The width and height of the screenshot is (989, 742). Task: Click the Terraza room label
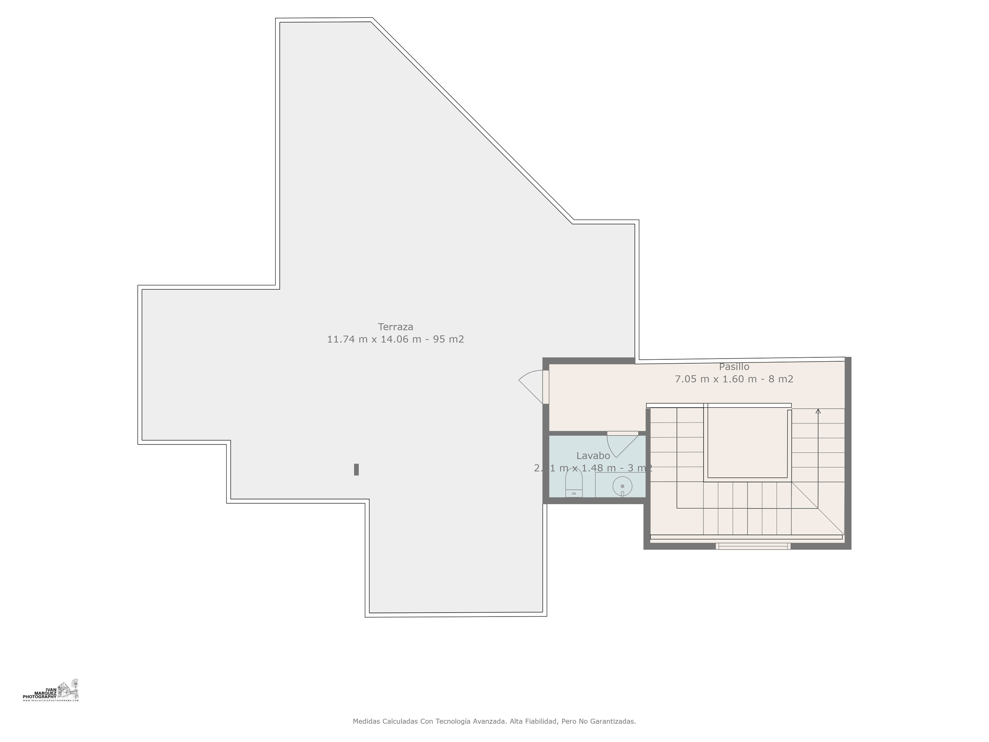coord(395,326)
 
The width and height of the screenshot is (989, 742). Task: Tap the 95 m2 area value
coord(448,339)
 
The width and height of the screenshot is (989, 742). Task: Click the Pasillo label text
coord(734,367)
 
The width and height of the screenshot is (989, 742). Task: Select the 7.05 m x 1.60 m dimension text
coord(715,379)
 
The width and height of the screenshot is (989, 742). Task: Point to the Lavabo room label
coord(593,456)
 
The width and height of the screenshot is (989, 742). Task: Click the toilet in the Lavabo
coord(574,485)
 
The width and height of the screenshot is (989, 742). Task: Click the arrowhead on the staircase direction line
coord(818,411)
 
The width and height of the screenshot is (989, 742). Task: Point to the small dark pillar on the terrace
coord(356,469)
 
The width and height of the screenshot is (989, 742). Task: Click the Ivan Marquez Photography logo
coord(51,691)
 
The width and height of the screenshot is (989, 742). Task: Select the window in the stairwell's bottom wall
coord(753,546)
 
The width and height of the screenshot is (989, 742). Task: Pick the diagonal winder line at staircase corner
coord(818,509)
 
